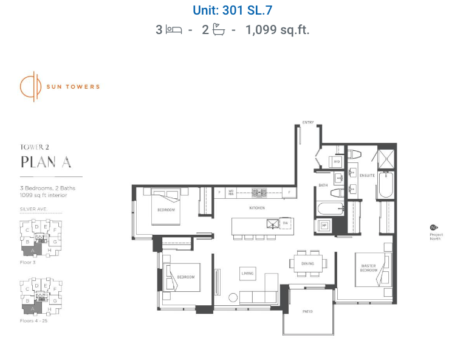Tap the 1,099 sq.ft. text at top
277,29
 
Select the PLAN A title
46,162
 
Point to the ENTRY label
308,123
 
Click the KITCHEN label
257,208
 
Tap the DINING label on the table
308,263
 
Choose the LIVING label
247,274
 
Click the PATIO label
307,312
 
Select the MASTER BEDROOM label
368,268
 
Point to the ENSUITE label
367,176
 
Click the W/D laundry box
336,162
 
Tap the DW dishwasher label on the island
285,223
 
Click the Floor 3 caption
28,262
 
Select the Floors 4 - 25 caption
33,320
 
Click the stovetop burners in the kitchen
259,193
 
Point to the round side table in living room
234,297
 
